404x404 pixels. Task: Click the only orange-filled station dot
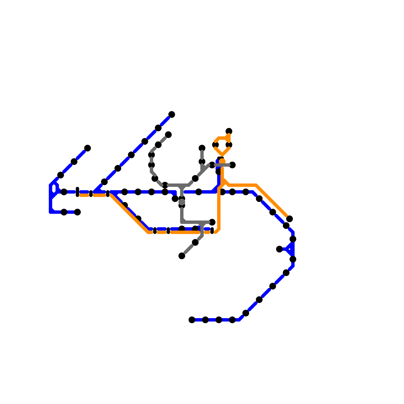[222, 161]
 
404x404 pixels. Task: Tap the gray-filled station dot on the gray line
[182, 202]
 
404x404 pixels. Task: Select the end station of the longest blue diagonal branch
[172, 114]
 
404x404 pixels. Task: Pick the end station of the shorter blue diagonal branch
[87, 148]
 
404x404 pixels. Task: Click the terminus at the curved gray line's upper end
[168, 135]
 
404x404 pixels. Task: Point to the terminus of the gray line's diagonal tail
[182, 256]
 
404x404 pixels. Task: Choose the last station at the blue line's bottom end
[192, 320]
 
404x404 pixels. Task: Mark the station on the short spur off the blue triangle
[279, 249]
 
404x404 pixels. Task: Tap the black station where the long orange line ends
[290, 219]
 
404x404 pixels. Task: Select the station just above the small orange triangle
[229, 131]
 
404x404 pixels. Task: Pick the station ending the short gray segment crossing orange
[233, 165]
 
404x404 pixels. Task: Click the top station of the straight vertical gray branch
[202, 148]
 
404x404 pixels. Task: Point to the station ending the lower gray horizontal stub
[212, 222]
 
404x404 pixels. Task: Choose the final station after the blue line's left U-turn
[78, 212]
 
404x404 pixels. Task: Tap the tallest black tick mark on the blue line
[78, 192]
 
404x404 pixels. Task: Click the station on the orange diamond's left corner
[215, 145]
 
